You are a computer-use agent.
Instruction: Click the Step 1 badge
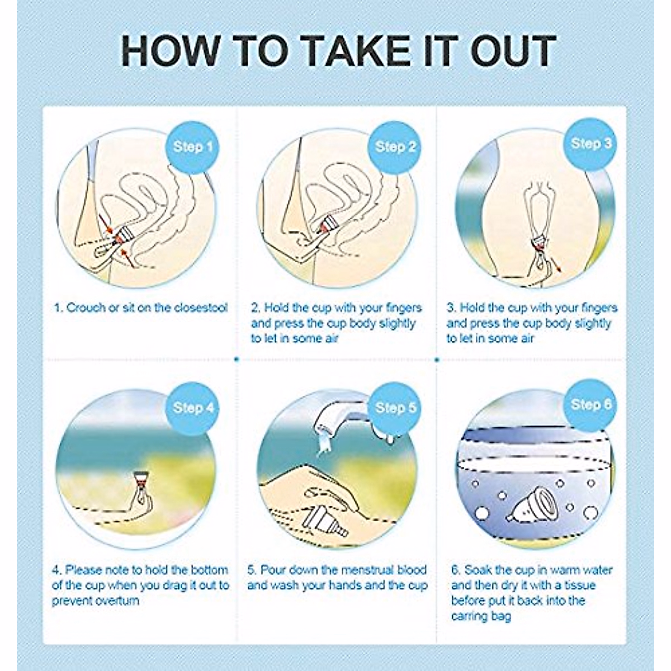point(192,148)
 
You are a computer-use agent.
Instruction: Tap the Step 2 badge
point(395,148)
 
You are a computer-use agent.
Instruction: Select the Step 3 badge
point(591,144)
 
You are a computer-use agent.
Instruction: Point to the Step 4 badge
point(193,408)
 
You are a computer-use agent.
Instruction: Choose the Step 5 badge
point(395,408)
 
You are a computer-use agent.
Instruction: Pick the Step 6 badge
point(591,405)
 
